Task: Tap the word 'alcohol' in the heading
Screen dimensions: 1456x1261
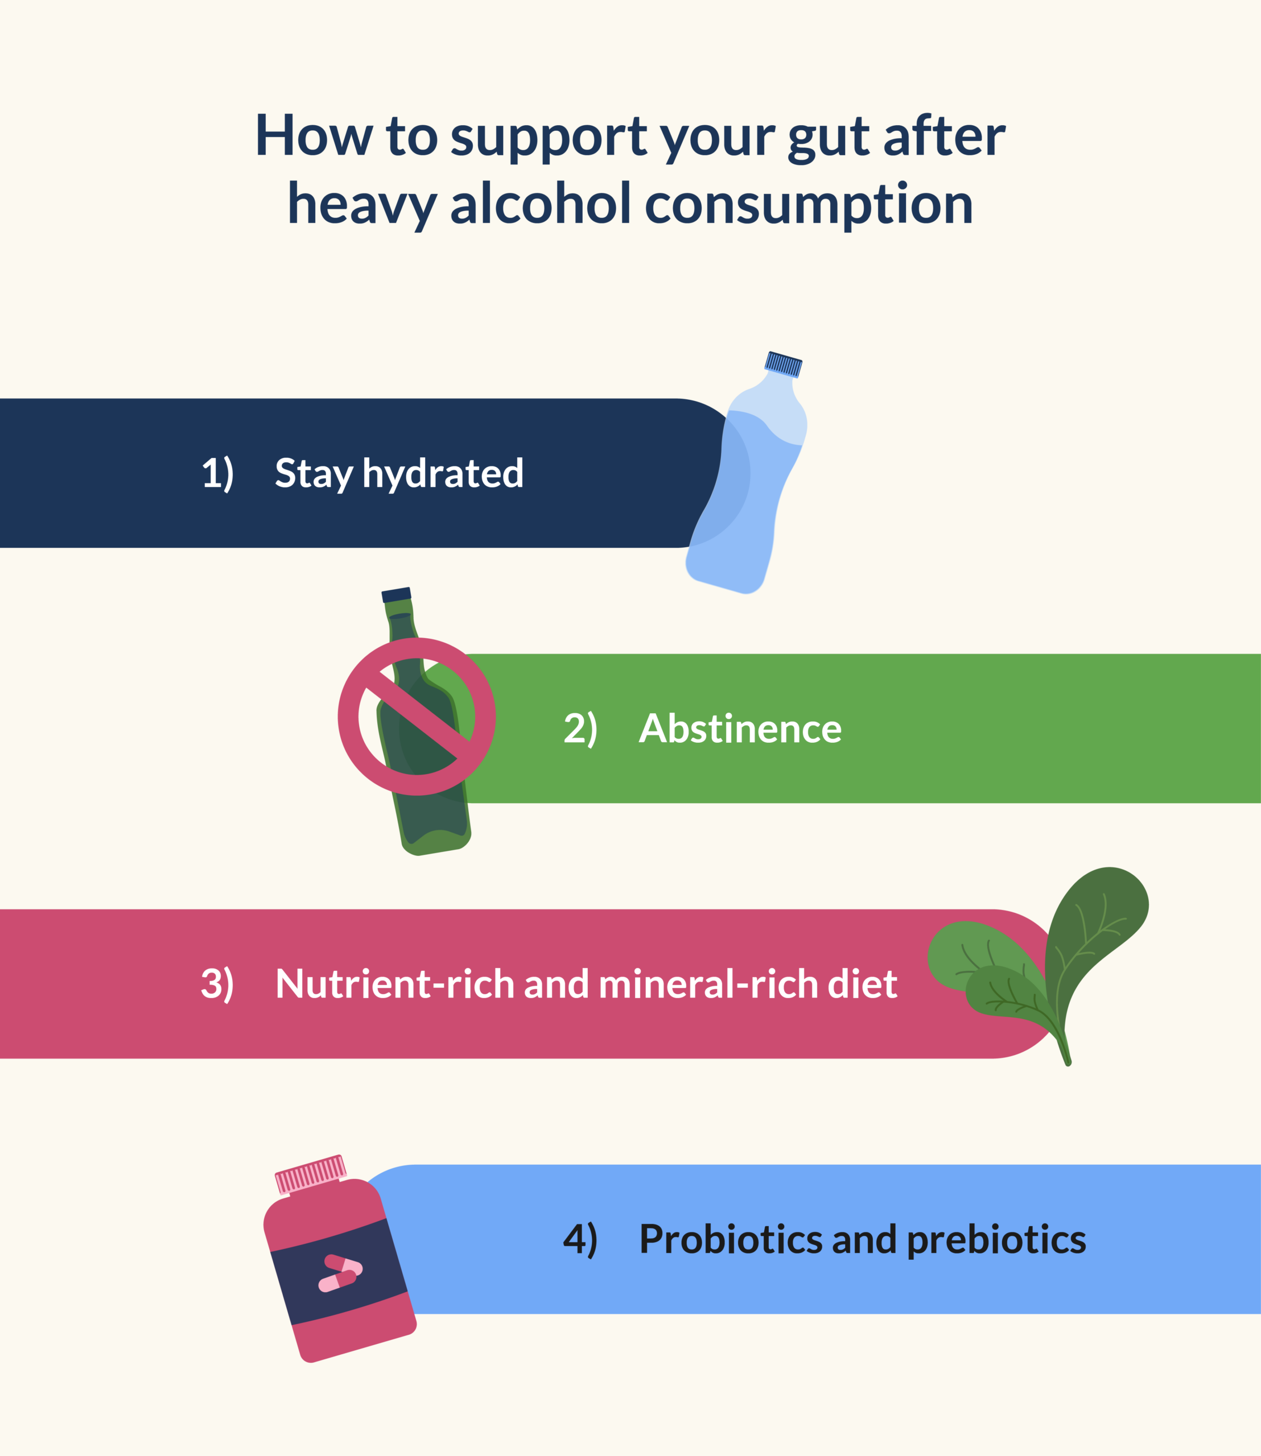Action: click(541, 204)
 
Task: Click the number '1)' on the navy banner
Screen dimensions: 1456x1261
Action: click(217, 473)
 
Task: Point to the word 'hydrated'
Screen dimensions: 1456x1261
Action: click(443, 473)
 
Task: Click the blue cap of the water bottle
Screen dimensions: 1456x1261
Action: click(783, 365)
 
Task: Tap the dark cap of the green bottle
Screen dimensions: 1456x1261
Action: click(396, 595)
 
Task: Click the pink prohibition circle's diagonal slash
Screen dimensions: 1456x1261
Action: click(417, 716)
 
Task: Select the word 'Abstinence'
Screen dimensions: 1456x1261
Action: click(740, 729)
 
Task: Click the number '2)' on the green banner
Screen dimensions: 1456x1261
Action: click(580, 729)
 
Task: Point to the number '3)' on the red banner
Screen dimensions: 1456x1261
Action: click(217, 984)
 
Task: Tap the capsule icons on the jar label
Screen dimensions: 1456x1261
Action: click(341, 1273)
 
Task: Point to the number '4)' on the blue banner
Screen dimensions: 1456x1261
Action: click(580, 1239)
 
